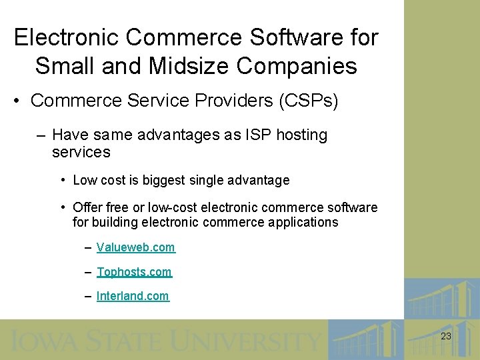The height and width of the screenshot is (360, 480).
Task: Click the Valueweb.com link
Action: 135,247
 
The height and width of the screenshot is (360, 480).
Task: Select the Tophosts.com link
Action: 134,272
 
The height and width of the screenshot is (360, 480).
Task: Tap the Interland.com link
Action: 133,296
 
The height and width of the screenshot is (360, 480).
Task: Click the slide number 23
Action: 446,337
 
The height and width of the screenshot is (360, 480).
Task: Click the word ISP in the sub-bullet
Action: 258,135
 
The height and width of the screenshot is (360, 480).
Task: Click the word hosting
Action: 301,135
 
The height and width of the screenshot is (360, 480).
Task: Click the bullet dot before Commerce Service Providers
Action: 17,101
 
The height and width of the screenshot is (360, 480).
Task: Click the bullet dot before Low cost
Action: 62,180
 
